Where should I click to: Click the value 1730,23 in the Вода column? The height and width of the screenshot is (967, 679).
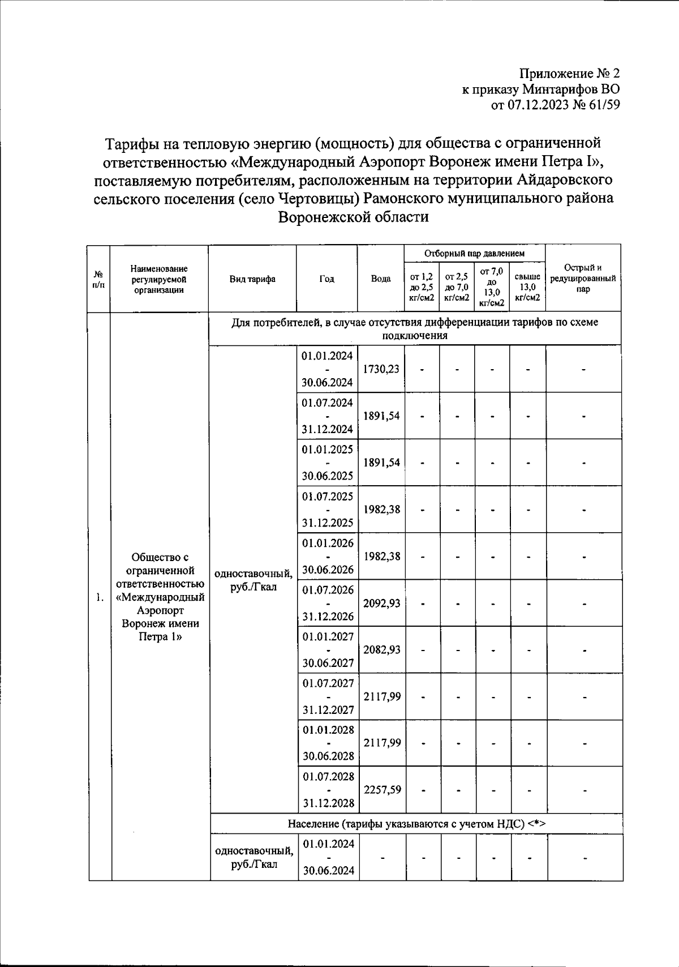tap(381, 369)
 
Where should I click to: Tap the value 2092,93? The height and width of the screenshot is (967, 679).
tap(381, 603)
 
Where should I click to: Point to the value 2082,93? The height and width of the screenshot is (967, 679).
tap(381, 650)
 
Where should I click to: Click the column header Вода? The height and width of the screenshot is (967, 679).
tap(381, 279)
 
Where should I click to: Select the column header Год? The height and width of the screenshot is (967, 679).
tap(326, 279)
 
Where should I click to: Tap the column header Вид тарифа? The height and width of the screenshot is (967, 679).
tap(252, 279)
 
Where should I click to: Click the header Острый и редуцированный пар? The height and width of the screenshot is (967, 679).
tap(583, 279)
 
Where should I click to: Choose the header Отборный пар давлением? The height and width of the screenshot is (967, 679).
tap(474, 253)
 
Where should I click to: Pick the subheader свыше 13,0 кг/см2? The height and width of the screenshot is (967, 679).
tap(527, 288)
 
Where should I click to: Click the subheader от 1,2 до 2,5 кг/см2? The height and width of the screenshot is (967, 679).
tap(422, 288)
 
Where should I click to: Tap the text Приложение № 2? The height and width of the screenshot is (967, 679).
tap(570, 74)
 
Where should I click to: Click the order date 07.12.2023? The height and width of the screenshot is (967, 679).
tap(537, 105)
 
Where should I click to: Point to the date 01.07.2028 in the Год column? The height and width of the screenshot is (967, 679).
tap(328, 776)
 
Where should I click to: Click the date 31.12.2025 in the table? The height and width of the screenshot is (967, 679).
tap(327, 523)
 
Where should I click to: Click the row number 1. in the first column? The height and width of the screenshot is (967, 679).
tap(100, 598)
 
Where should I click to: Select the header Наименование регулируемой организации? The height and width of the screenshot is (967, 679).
tap(159, 279)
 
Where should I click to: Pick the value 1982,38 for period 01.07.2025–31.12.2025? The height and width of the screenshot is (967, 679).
tap(381, 510)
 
